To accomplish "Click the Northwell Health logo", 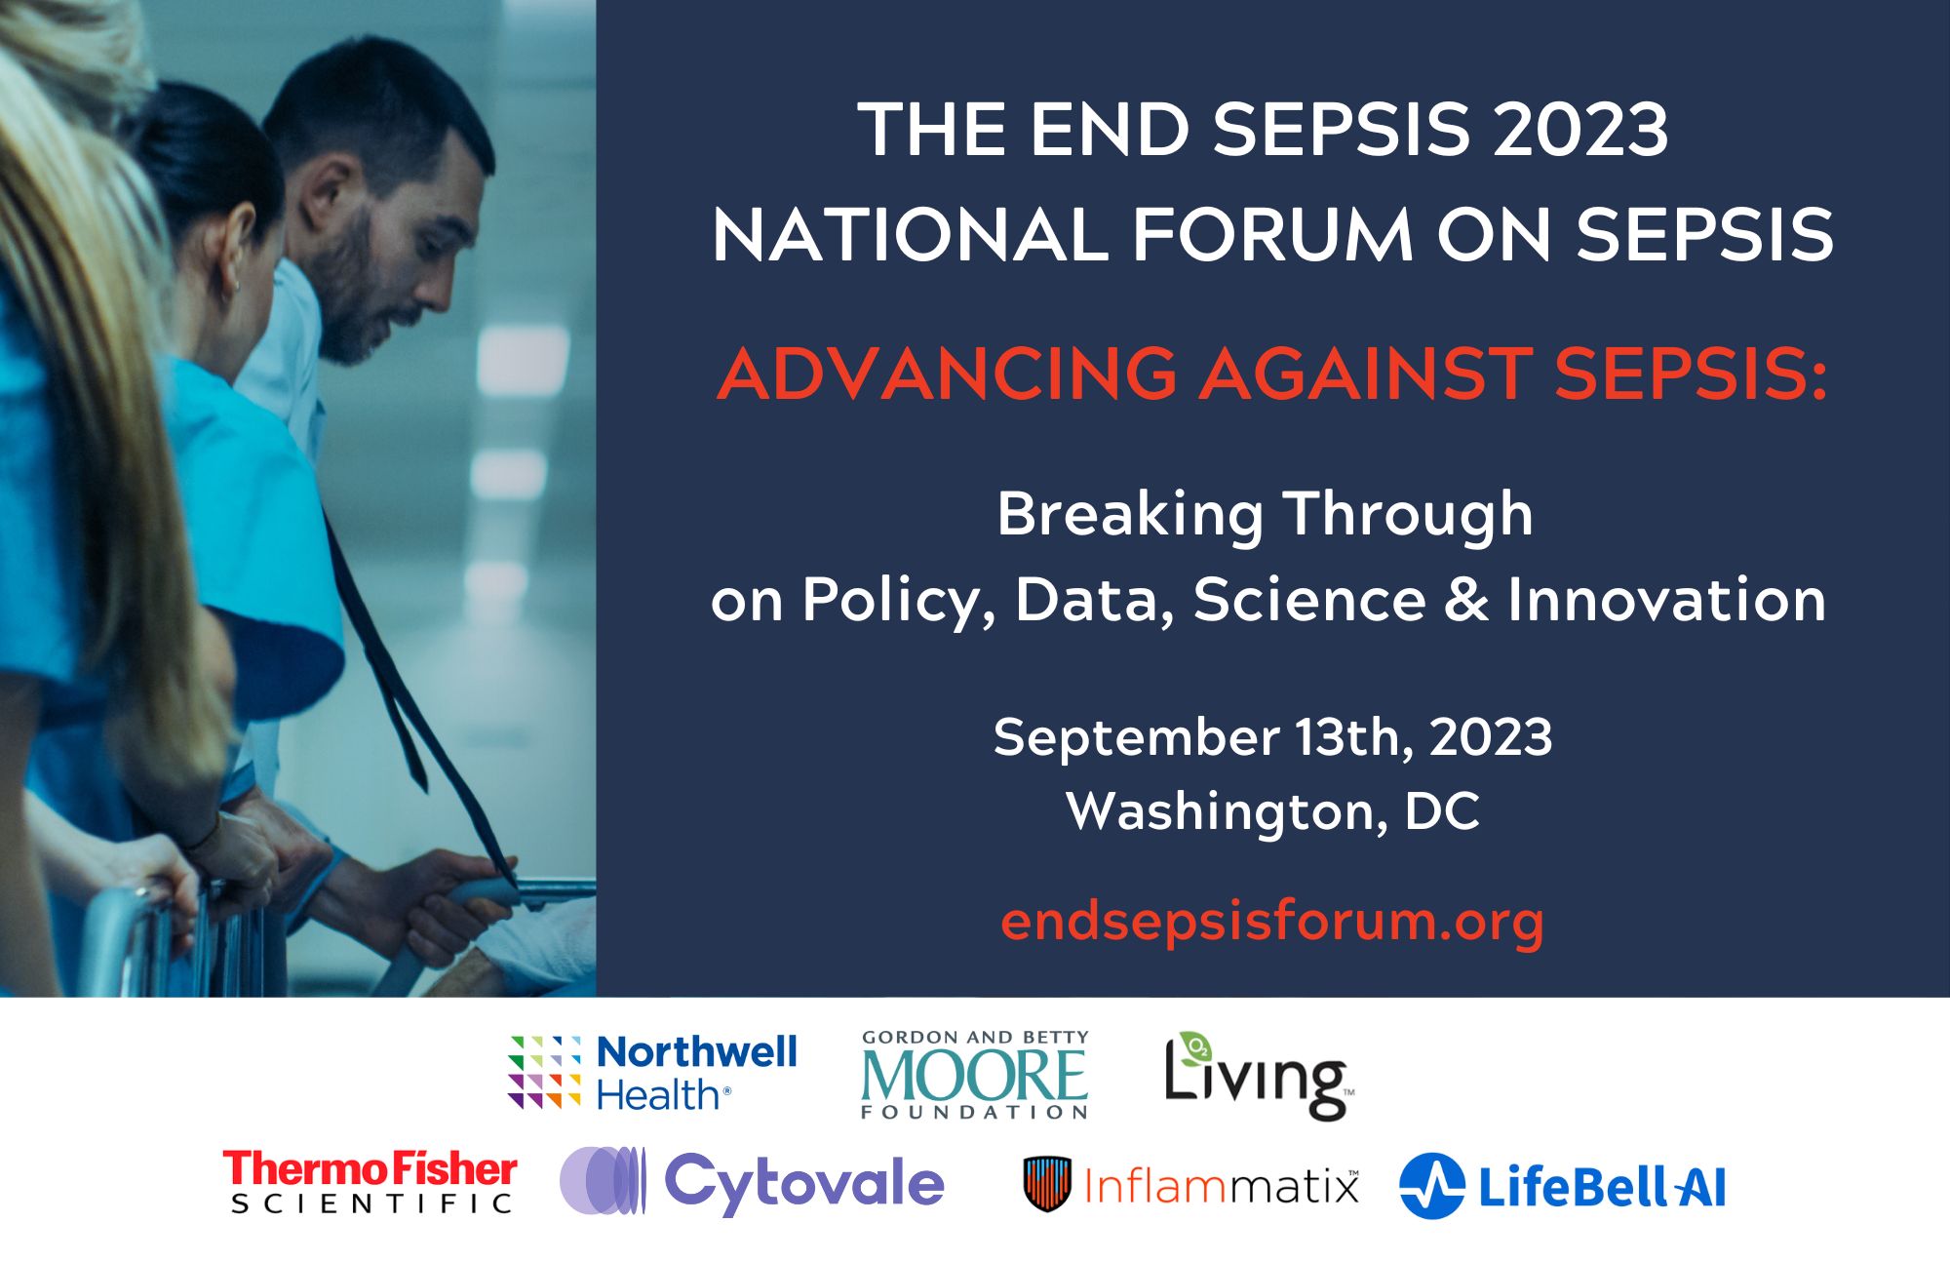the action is [x=652, y=1072].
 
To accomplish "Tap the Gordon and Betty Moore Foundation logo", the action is [x=975, y=1074].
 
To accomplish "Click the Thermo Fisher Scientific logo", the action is [x=370, y=1181].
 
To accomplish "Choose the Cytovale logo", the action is [x=752, y=1181].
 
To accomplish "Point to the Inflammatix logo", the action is [x=1190, y=1184].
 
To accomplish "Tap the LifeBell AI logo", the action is [x=1562, y=1186].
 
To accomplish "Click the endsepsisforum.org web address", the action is [x=1272, y=921].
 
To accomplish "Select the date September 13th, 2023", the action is [x=1272, y=737].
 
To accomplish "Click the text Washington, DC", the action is [x=1273, y=811].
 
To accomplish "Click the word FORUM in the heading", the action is [x=1272, y=235].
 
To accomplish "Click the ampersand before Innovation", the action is [x=1466, y=599].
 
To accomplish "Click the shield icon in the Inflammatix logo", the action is [x=1047, y=1184].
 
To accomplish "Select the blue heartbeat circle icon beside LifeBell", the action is [x=1431, y=1186].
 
